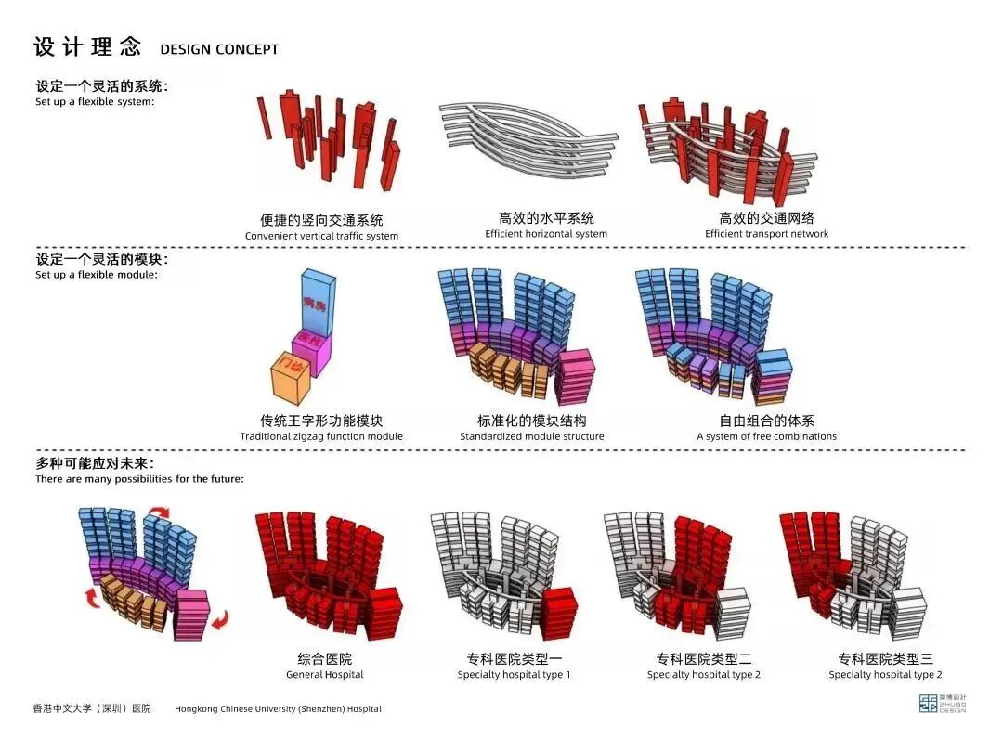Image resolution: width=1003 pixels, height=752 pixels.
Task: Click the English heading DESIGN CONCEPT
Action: point(219,49)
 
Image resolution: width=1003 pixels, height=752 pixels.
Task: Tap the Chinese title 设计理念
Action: point(87,46)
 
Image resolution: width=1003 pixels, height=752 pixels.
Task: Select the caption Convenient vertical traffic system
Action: point(321,236)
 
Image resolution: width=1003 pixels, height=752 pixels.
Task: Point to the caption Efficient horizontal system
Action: point(546,234)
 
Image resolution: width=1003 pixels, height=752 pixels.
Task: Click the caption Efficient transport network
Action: point(766,234)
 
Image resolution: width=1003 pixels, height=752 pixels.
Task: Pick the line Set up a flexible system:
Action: point(95,102)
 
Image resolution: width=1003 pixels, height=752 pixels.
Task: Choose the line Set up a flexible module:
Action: point(97,275)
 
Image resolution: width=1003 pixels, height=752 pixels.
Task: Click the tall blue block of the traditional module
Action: point(323,303)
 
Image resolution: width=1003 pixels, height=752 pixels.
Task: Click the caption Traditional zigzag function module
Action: point(321,436)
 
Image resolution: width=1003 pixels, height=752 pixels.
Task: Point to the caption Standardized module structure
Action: point(531,436)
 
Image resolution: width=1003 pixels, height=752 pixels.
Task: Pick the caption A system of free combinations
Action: point(766,436)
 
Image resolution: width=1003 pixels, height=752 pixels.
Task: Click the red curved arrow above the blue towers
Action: point(162,510)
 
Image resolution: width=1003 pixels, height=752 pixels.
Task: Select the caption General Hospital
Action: point(324,675)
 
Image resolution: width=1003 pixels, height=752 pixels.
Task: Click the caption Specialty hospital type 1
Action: point(514,675)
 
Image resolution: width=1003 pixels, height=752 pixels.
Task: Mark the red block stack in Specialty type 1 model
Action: point(560,613)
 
